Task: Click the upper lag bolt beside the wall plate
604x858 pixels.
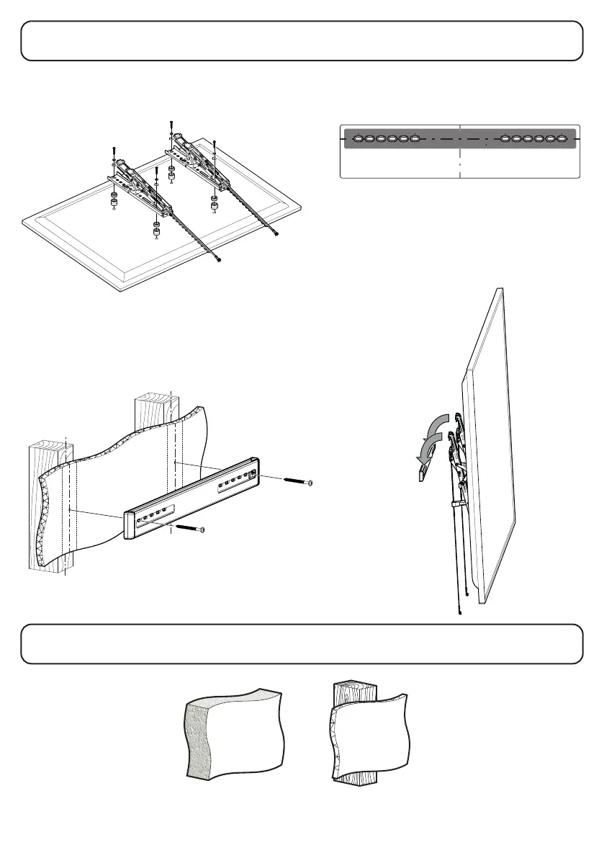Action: click(297, 481)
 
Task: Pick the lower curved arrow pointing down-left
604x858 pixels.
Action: click(427, 452)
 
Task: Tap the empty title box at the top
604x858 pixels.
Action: click(302, 40)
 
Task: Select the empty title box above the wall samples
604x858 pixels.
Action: click(302, 643)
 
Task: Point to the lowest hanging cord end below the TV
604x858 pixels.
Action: click(460, 613)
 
